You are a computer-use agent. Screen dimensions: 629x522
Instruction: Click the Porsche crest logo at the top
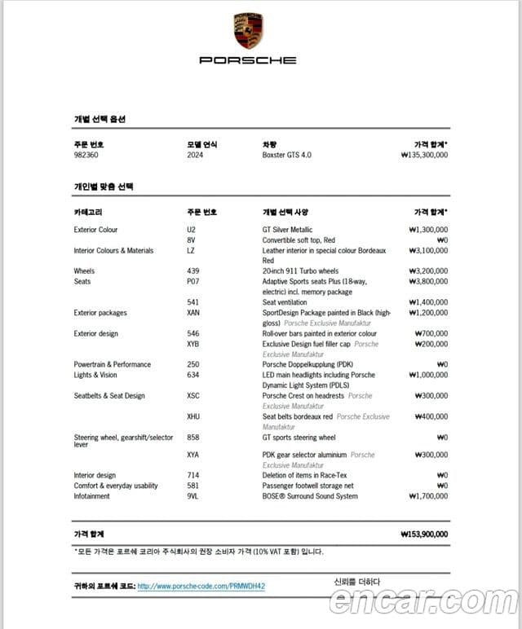[x=248, y=31]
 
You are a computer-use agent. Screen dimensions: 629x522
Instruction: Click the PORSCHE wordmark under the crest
[x=248, y=60]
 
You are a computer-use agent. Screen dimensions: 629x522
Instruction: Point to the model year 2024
[x=195, y=155]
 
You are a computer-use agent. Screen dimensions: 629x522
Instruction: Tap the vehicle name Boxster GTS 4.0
[x=286, y=155]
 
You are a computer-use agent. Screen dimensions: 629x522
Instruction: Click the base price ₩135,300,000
[x=424, y=155]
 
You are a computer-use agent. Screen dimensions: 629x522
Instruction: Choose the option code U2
[x=191, y=230]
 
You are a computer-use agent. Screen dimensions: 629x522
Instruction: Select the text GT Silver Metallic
[x=287, y=230]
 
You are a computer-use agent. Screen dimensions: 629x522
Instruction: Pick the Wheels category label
[x=84, y=271]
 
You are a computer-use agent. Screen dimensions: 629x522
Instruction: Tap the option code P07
[x=192, y=282]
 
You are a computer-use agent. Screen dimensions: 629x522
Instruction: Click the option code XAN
[x=193, y=313]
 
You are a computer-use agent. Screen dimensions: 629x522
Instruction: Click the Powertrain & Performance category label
[x=112, y=365]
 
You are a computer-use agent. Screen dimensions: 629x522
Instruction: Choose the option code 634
[x=192, y=376]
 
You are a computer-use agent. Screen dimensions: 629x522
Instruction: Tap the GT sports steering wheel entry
[x=299, y=438]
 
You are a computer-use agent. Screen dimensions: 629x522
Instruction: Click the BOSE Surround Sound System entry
[x=310, y=496]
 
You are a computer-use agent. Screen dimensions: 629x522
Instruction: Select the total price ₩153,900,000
[x=424, y=534]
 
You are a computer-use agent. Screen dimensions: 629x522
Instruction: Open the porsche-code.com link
[x=201, y=586]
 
